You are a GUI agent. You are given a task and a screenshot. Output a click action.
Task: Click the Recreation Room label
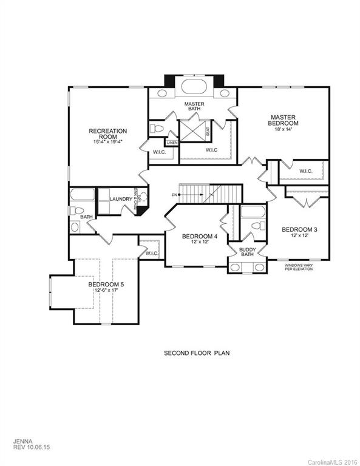click(107, 131)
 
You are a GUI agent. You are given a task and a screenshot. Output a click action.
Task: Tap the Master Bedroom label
click(282, 120)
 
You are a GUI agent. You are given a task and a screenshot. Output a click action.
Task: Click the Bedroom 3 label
click(299, 229)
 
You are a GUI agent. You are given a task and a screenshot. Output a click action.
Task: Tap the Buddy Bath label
click(247, 252)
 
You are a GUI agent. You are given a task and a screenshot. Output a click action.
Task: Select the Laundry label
click(121, 198)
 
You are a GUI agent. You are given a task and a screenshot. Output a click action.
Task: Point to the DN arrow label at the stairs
click(175, 195)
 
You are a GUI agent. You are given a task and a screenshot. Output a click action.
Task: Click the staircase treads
click(195, 194)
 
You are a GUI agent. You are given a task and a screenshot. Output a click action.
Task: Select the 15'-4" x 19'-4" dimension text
click(107, 142)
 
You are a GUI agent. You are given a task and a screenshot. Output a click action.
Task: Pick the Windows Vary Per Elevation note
click(299, 266)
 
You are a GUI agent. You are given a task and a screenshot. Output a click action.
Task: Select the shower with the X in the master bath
click(194, 132)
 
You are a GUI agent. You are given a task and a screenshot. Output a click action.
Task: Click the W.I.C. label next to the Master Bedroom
click(305, 171)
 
